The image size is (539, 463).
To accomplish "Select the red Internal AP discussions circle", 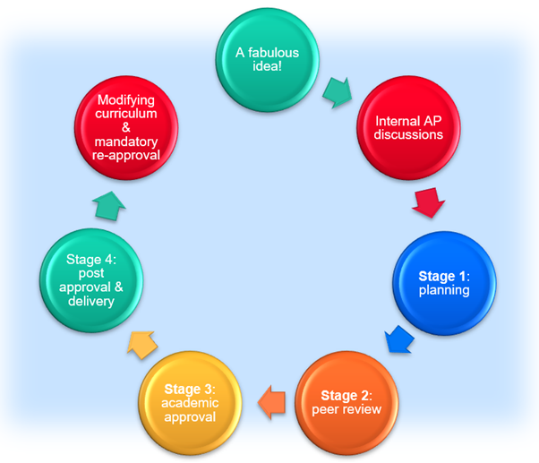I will pos(409,128).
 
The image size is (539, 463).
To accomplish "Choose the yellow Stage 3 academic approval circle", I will pos(191,401).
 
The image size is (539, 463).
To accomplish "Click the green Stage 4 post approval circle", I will pos(89,280).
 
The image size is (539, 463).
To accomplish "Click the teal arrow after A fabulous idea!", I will pos(338,90).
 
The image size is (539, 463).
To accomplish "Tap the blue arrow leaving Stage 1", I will pos(398,341).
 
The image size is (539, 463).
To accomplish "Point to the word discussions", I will pos(409,135).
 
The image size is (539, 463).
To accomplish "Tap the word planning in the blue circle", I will pos(445,291).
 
